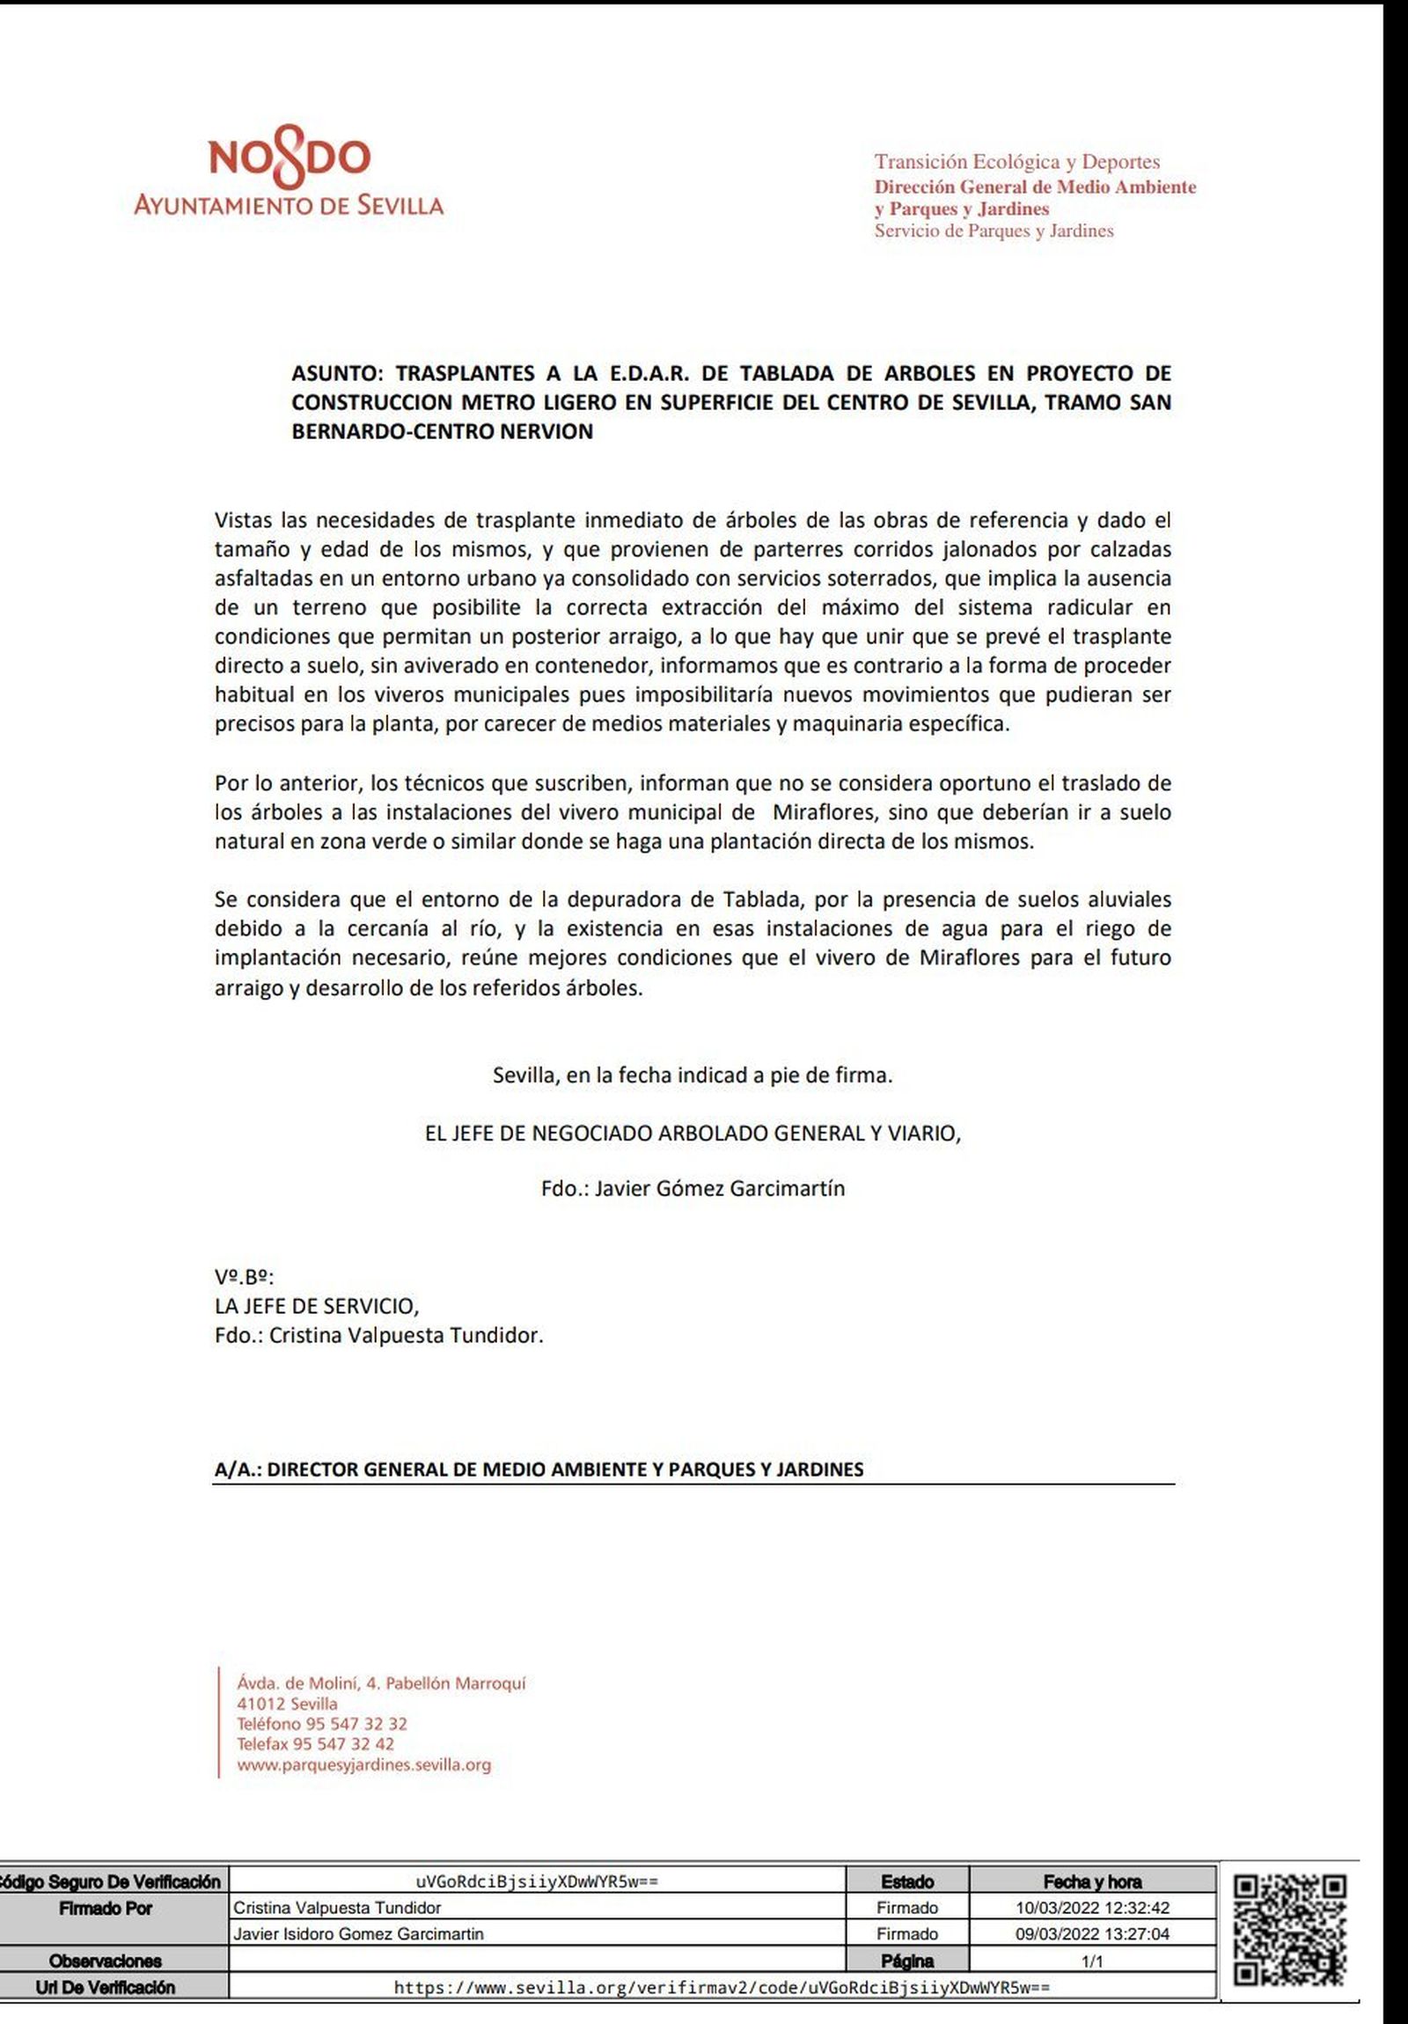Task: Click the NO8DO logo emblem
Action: click(x=290, y=159)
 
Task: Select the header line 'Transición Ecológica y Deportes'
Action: click(x=1016, y=162)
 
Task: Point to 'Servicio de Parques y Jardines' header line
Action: click(x=994, y=231)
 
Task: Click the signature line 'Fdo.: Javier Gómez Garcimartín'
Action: click(x=693, y=1188)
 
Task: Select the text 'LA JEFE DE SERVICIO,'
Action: click(x=317, y=1306)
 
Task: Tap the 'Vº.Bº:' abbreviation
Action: click(x=245, y=1277)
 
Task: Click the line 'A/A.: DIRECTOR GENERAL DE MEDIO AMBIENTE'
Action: click(x=539, y=1470)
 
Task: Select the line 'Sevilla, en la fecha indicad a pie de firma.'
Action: click(x=693, y=1075)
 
